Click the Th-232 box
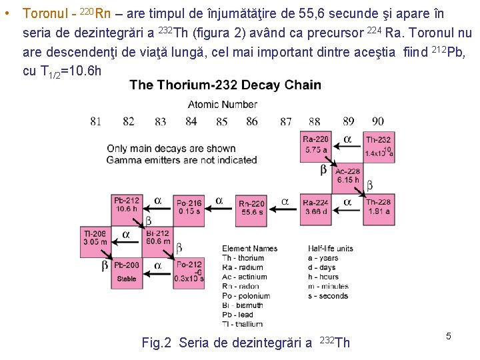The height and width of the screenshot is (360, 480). coord(378,146)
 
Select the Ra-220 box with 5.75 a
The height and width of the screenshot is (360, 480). coord(316,146)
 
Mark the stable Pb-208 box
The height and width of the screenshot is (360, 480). coord(127,272)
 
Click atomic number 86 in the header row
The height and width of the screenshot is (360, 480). coord(252,121)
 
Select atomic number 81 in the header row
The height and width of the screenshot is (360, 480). coord(96,121)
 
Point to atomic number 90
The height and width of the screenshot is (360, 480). coord(378,121)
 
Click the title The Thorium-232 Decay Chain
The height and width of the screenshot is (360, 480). coord(225,85)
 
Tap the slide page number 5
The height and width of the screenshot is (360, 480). coord(449,337)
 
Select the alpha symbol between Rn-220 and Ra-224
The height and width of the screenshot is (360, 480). coord(285,201)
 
